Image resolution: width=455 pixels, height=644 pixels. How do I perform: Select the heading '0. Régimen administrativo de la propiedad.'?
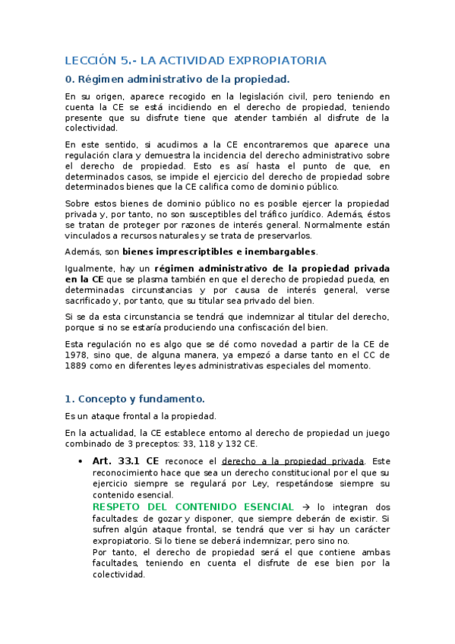(177, 79)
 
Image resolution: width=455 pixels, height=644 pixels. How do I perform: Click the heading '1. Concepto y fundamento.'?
(134, 399)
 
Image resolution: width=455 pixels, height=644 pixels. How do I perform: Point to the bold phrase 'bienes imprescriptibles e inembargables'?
(220, 251)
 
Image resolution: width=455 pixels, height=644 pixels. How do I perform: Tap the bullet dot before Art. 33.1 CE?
(81, 461)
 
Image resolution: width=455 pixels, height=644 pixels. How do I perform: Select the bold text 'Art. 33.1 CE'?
(125, 461)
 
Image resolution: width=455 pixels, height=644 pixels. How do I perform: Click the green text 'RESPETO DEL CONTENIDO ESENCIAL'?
(193, 507)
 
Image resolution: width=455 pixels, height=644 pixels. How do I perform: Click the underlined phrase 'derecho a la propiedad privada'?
(292, 461)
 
